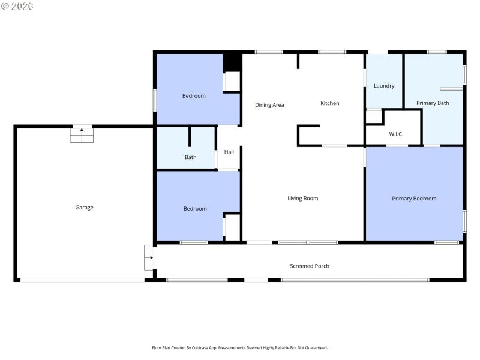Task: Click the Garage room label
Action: click(84, 208)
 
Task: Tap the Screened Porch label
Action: click(310, 266)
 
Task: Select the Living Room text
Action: click(302, 199)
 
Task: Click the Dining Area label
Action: click(269, 105)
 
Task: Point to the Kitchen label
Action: click(329, 104)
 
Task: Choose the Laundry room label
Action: click(384, 86)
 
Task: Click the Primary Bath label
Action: click(433, 103)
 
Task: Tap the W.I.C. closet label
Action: click(396, 134)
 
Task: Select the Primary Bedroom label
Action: click(414, 199)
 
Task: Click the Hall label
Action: click(229, 152)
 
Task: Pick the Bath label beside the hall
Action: click(190, 158)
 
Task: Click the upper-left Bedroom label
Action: click(194, 96)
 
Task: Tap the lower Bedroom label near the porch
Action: click(195, 209)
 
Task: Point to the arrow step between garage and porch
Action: click(149, 257)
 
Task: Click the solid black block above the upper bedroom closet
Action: click(232, 62)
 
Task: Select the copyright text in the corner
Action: click(17, 6)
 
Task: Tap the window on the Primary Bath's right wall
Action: click(464, 74)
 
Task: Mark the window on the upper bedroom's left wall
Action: click(155, 100)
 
